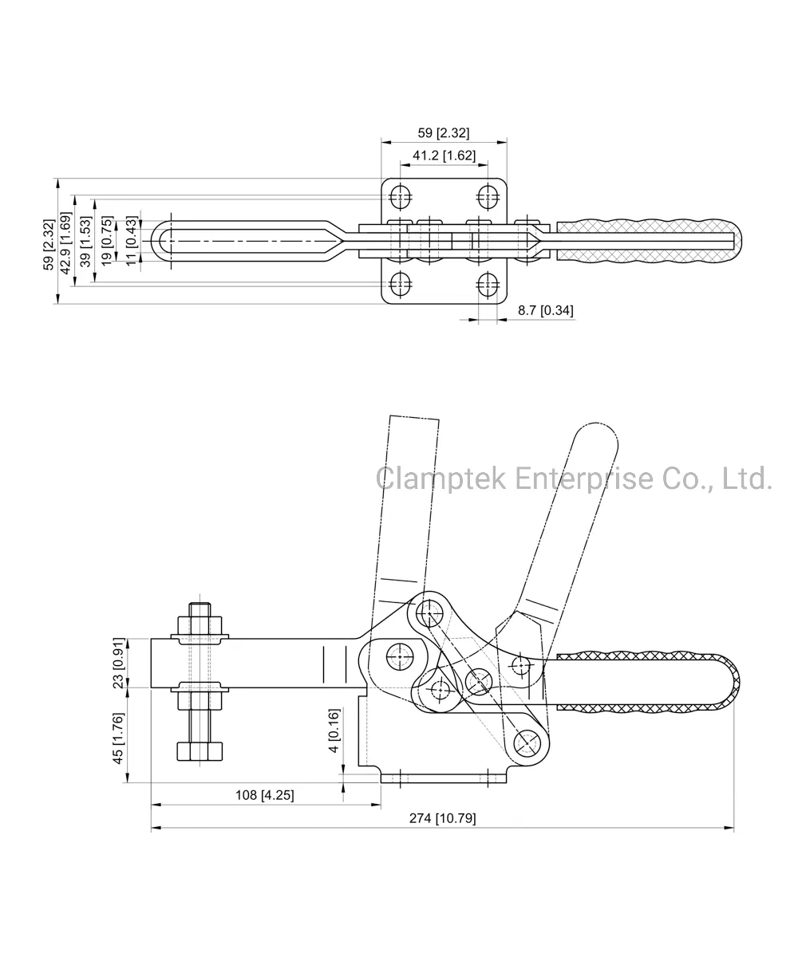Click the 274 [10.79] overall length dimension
tap(442, 817)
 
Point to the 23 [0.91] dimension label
tap(119, 663)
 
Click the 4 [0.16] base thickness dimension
tap(334, 730)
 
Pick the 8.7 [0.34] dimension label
tap(545, 310)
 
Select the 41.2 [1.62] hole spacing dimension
tap(443, 156)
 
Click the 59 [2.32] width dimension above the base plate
tap(443, 133)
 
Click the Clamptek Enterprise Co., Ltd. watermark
tap(574, 478)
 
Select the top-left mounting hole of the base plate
tap(401, 195)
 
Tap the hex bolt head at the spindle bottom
tap(199, 752)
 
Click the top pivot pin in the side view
tap(429, 612)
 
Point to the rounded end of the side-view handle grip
tap(731, 682)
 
